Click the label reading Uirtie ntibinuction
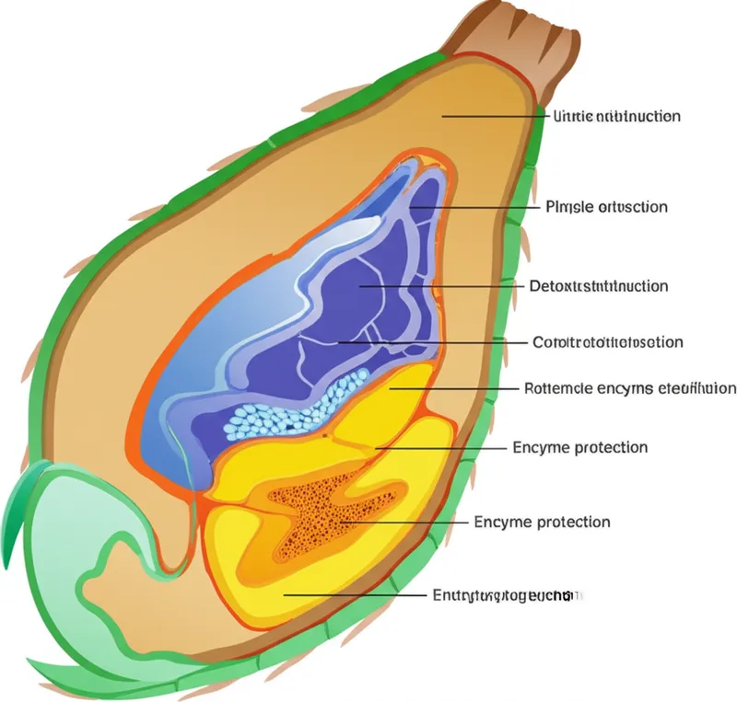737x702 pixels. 616,117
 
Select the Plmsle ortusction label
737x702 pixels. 605,207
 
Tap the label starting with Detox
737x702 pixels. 599,286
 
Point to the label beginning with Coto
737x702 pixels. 608,342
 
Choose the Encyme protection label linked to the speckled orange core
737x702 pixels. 542,523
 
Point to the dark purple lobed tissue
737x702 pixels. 368,294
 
